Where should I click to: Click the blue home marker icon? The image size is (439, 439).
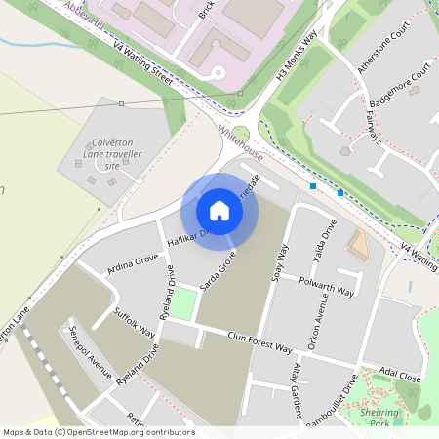pyautogui.click(x=219, y=210)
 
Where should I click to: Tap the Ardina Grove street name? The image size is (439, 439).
pyautogui.click(x=133, y=263)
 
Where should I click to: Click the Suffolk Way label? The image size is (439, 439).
pyautogui.click(x=135, y=321)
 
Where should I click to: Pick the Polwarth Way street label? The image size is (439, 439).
pyautogui.click(x=328, y=284)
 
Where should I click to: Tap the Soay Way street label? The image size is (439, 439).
pyautogui.click(x=282, y=262)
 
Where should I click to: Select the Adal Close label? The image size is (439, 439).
pyautogui.click(x=400, y=376)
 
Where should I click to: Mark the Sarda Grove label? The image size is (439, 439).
pyautogui.click(x=219, y=272)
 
